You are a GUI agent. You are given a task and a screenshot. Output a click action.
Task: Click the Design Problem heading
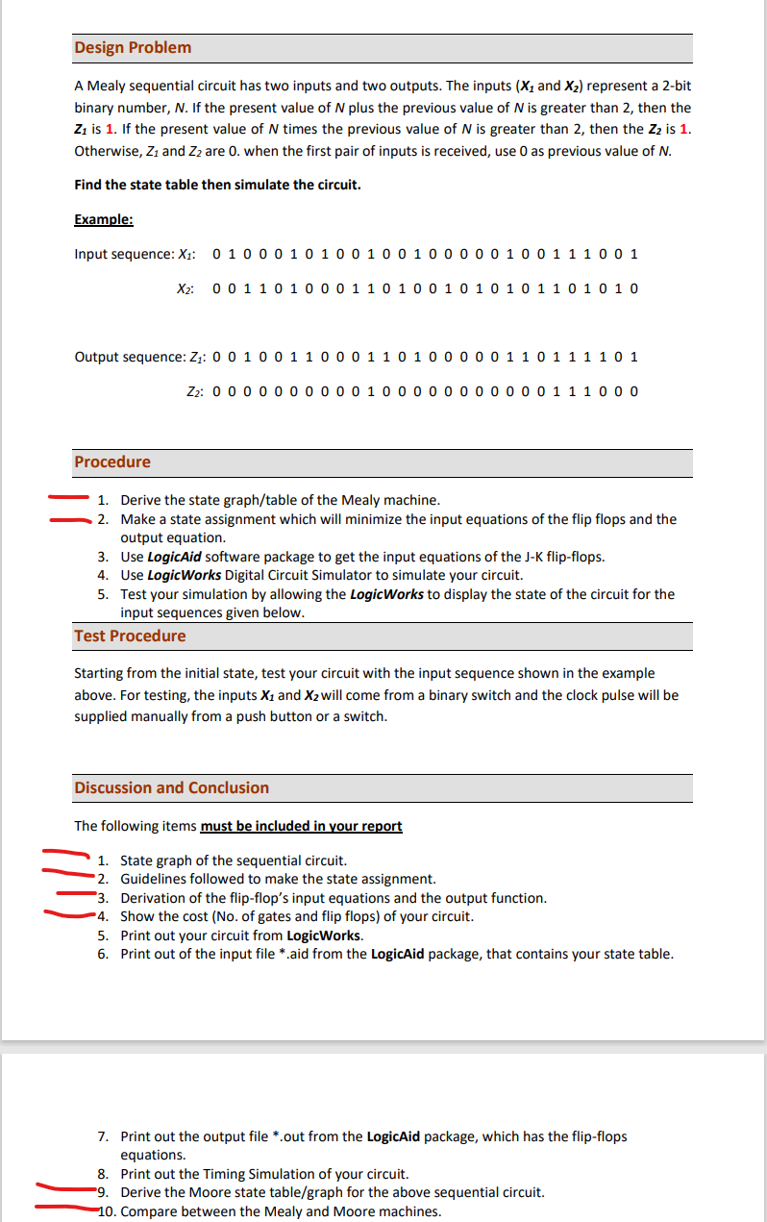click(x=133, y=47)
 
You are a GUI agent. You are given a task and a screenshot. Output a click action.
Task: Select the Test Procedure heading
click(x=130, y=636)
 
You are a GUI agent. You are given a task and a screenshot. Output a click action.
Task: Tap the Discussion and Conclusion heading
click(x=171, y=787)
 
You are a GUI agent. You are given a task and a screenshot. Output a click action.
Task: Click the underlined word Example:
click(x=103, y=219)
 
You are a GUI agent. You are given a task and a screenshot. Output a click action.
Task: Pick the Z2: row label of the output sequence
click(x=193, y=392)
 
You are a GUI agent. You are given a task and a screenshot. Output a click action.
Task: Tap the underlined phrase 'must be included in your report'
click(x=301, y=826)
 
